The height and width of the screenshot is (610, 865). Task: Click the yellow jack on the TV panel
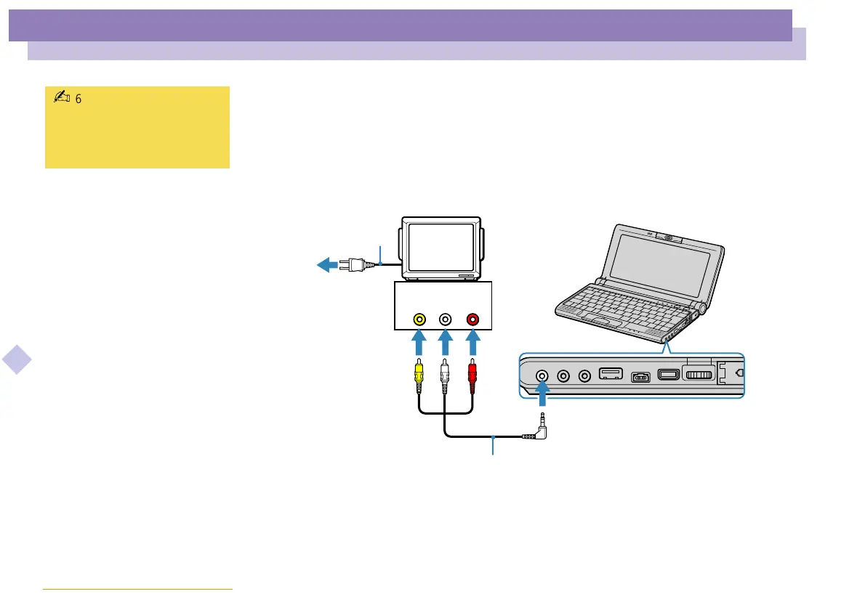[x=419, y=318]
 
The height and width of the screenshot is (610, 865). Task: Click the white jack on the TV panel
[x=446, y=318]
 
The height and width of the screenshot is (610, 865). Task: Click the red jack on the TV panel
[x=472, y=318]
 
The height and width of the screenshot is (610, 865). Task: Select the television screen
[x=438, y=246]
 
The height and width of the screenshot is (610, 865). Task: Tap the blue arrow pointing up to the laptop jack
[x=542, y=399]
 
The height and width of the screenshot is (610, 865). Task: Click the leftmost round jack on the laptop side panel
[x=542, y=376]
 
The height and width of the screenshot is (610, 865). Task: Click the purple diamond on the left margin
[x=16, y=360]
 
